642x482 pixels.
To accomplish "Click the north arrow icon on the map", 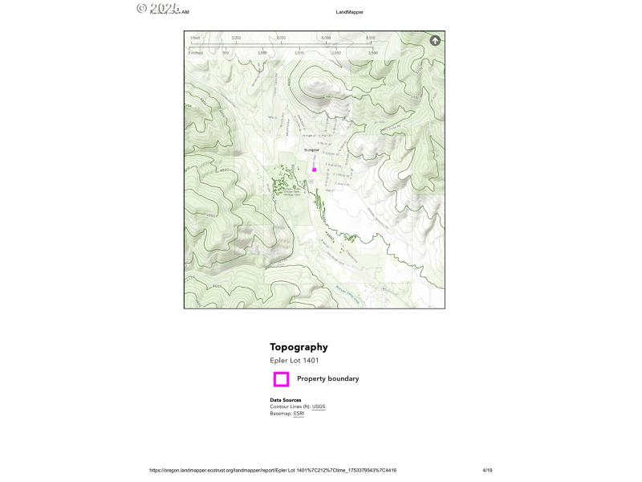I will point(435,40).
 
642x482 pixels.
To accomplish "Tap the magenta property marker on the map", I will point(315,170).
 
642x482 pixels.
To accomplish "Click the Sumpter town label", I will point(311,150).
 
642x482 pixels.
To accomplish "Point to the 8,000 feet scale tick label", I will point(371,38).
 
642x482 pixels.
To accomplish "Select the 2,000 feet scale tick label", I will point(236,38).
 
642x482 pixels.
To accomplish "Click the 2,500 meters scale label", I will point(372,52).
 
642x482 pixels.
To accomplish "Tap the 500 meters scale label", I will point(226,52).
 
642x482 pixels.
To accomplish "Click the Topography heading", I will point(299,347).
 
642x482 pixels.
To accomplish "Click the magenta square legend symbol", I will point(281,379).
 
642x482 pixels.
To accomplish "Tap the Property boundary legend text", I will point(327,378).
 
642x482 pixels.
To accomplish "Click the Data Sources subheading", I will point(286,400).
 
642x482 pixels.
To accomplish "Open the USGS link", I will point(319,406).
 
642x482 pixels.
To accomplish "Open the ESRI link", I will point(299,413).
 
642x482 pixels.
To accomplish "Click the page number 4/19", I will point(487,470).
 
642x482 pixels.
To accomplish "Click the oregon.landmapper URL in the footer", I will point(273,470).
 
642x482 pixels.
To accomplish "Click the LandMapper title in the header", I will point(350,12).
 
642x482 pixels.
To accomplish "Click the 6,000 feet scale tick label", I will point(326,38).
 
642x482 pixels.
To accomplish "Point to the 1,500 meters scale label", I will point(299,52).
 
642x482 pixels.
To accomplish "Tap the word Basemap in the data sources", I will point(280,413).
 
